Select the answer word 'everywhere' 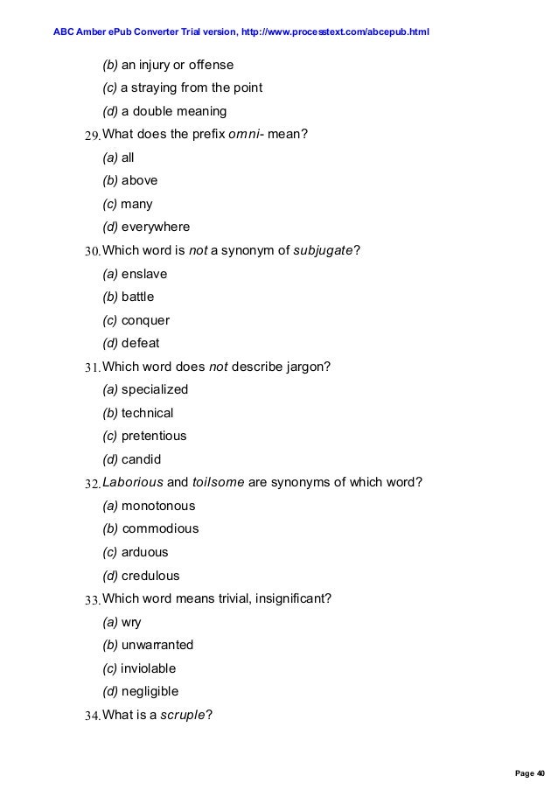coord(156,227)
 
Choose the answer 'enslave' coord(144,274)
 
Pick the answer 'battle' coord(137,297)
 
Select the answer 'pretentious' coord(154,436)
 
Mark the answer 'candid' coord(142,459)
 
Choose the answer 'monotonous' coord(158,506)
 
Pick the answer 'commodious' coord(160,528)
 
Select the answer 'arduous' coord(144,552)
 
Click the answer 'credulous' coord(150,576)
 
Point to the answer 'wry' coord(131,622)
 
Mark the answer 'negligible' coord(150,691)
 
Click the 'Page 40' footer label coord(529,773)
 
